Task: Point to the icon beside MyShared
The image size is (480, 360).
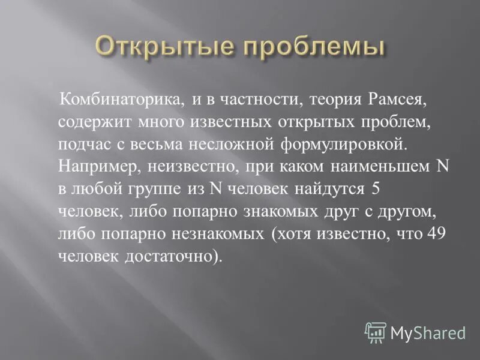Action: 376,331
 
